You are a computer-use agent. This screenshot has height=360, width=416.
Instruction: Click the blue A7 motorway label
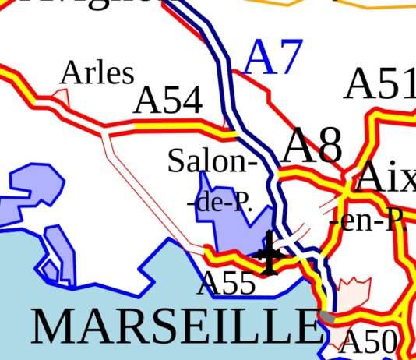[x=273, y=58]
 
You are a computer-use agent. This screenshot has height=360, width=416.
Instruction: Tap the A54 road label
[x=168, y=101]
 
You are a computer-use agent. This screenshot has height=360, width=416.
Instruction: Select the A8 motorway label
[x=312, y=145]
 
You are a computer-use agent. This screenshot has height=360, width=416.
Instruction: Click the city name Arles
[x=97, y=73]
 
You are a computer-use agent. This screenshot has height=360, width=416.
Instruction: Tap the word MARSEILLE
[x=176, y=326]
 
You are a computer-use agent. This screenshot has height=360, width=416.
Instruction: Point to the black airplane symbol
[x=269, y=253]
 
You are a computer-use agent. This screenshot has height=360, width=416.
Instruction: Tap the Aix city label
[x=385, y=180]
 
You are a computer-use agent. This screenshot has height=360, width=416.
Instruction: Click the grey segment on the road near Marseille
[x=328, y=316]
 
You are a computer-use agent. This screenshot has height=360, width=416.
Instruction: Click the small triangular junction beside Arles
[x=62, y=97]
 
